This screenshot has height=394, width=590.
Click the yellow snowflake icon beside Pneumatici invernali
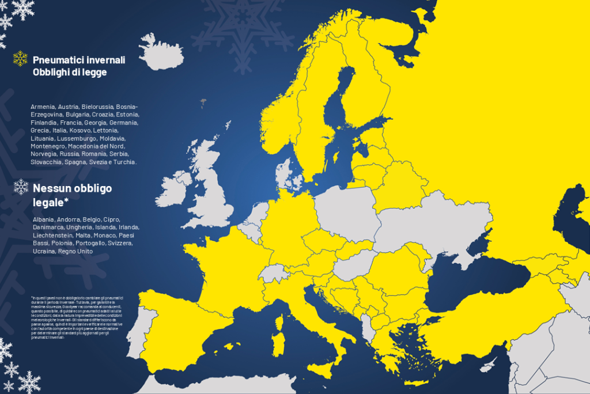click(x=20, y=58)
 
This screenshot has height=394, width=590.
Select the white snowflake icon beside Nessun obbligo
click(x=21, y=187)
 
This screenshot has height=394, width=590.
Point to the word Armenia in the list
click(x=43, y=107)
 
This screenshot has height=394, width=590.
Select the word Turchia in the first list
click(x=124, y=162)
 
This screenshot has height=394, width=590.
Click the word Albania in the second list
click(x=43, y=219)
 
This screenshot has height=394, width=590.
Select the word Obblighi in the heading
click(x=50, y=72)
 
